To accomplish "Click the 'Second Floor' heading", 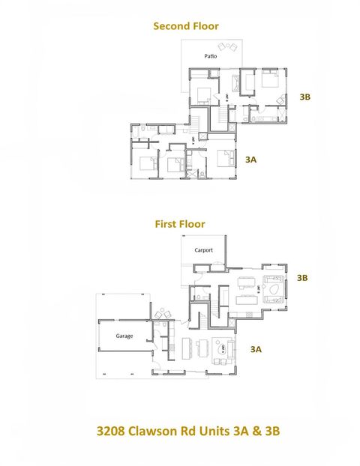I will pos(186,26).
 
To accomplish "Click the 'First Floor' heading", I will pos(180,223).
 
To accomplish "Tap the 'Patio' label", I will pos(211,56).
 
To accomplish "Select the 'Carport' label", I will pos(204,250).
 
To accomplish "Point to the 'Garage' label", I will pos(124,336).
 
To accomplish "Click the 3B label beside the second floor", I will pos(305,97).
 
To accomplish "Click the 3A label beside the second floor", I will pos(251,159).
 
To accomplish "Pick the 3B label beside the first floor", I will pos(302,278).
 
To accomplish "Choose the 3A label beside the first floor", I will pos(256,349).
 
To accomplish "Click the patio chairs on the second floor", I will pos(229,49).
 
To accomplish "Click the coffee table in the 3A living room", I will pos(221,348).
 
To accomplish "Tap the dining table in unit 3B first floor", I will pos(244,299).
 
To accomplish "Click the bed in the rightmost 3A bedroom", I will pos(224,159).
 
